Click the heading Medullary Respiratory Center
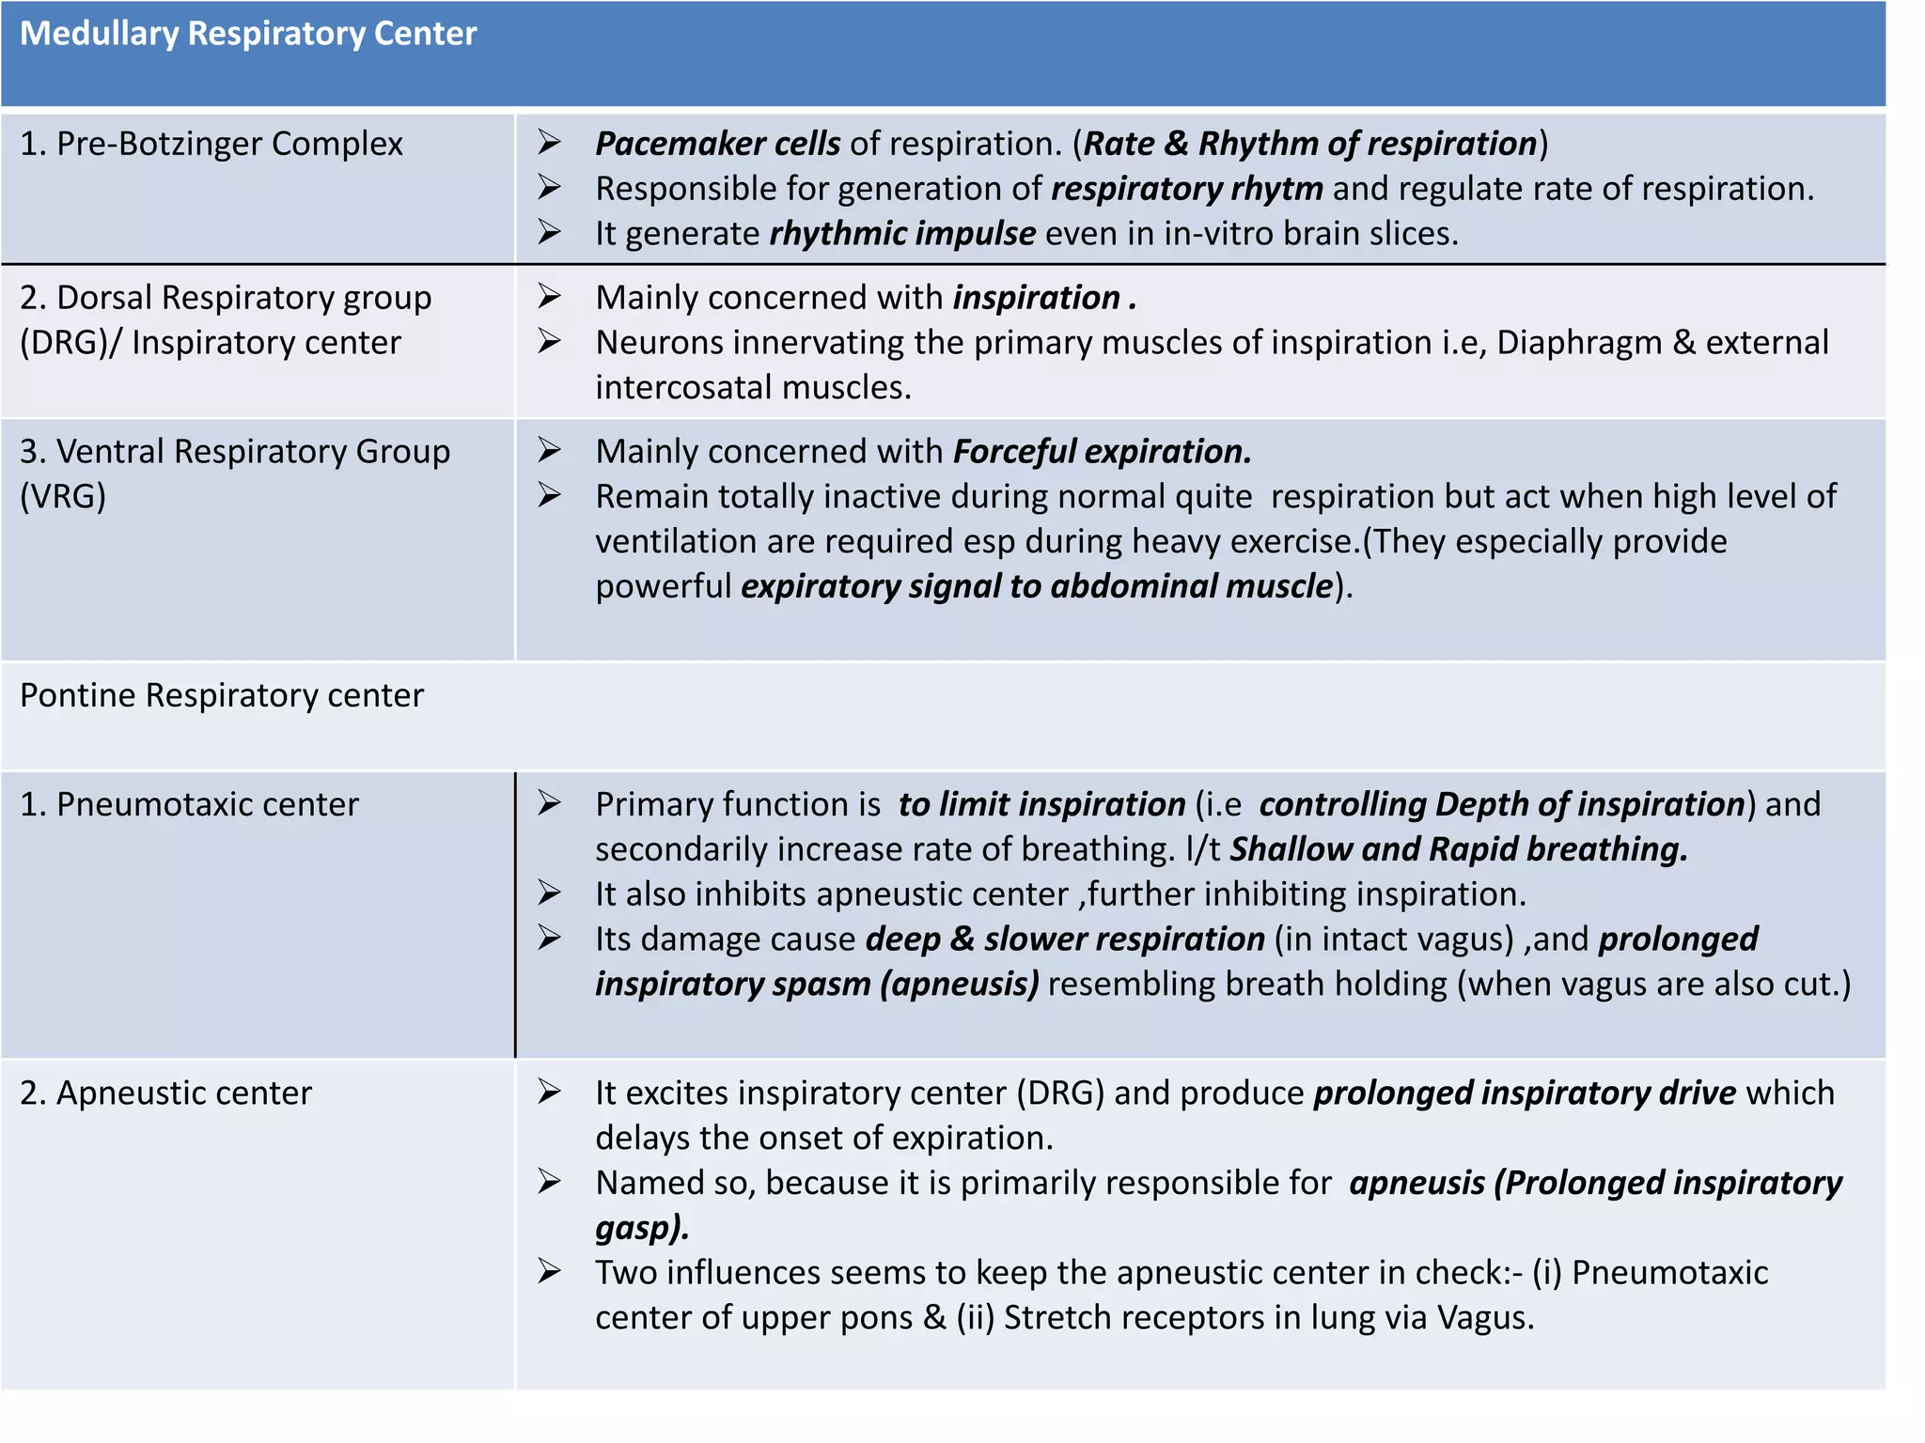(248, 34)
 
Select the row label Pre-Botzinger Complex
(211, 144)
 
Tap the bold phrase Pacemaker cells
(718, 144)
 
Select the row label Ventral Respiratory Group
(235, 452)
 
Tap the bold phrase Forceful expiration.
(1102, 452)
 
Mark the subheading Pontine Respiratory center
(222, 696)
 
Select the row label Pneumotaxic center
(190, 805)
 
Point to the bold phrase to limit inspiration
(1041, 805)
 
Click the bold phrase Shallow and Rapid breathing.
(1458, 850)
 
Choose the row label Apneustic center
(166, 1094)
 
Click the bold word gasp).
(642, 1228)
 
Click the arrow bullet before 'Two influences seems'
(550, 1272)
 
